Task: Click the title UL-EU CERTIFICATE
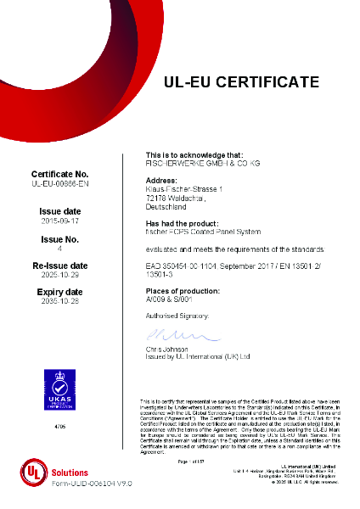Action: point(241,82)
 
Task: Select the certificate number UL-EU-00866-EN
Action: point(60,183)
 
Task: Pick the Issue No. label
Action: point(60,240)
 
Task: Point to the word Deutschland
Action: point(167,205)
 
